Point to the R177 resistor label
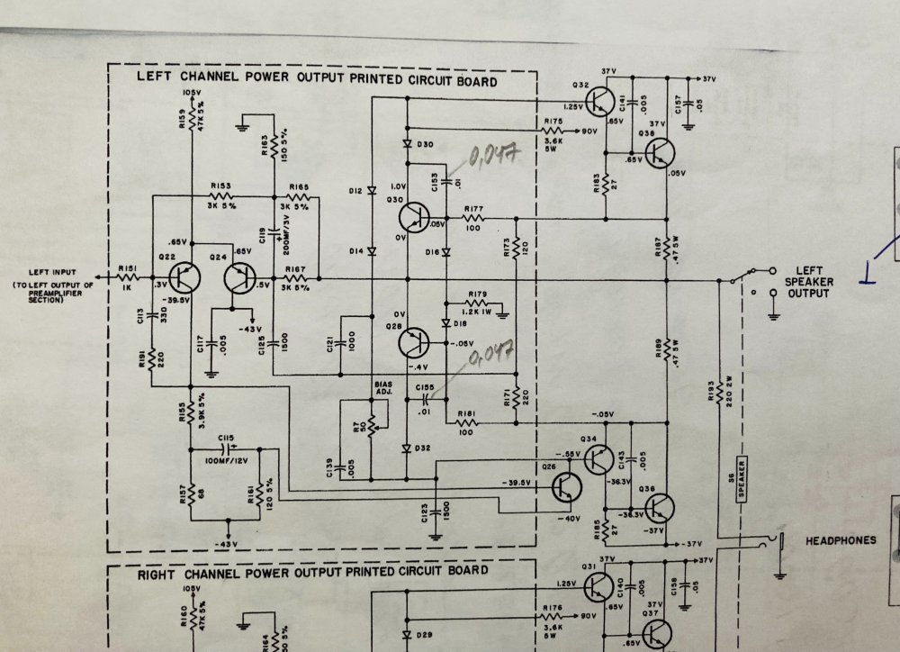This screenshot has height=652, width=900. pyautogui.click(x=474, y=208)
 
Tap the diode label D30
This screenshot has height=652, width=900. pyautogui.click(x=426, y=144)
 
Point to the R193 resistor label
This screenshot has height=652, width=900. pyautogui.click(x=711, y=391)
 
